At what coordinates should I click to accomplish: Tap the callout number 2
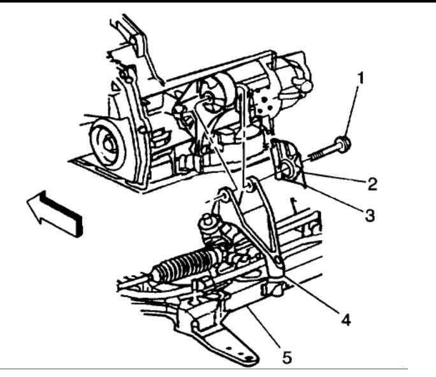pos(372,185)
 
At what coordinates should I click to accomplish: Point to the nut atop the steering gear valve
pos(207,223)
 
